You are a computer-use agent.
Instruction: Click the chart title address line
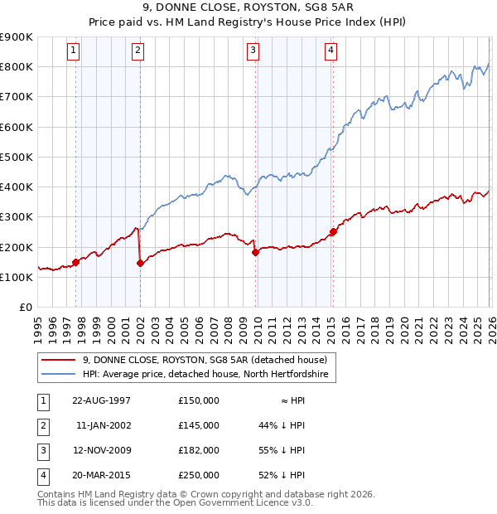pyautogui.click(x=248, y=7)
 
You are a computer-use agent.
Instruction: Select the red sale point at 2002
pyautogui.click(x=140, y=264)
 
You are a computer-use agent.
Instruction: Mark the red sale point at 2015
pyautogui.click(x=333, y=232)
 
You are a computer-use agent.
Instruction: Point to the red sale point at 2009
pyautogui.click(x=255, y=253)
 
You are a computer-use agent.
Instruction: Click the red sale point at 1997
pyautogui.click(x=76, y=262)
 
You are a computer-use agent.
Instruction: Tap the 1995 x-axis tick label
pyautogui.click(x=39, y=327)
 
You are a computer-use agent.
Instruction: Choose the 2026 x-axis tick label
pyautogui.click(x=491, y=327)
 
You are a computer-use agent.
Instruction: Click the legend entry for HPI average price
pyautogui.click(x=205, y=375)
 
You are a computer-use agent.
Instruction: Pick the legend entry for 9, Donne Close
pyautogui.click(x=205, y=360)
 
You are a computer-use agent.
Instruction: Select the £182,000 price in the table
pyautogui.click(x=198, y=450)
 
